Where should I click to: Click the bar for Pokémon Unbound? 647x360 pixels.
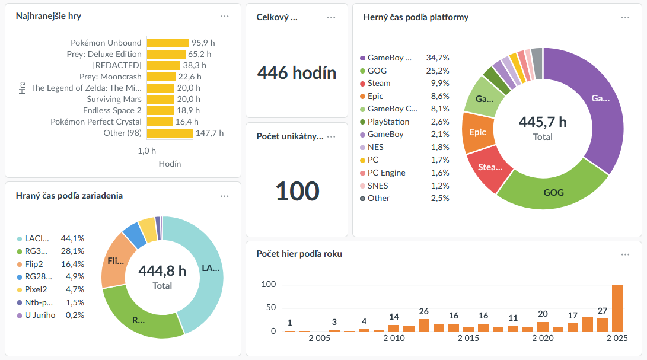[x=168, y=43]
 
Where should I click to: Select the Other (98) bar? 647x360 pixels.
[x=170, y=133]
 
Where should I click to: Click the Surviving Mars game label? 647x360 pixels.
[x=114, y=99]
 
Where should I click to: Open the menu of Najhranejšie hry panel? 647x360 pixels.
[x=224, y=17]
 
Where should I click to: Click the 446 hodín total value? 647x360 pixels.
[x=297, y=73]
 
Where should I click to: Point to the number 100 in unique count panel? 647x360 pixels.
[x=297, y=191]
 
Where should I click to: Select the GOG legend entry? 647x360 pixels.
[x=377, y=71]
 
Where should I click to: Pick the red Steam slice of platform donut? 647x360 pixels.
[x=489, y=167]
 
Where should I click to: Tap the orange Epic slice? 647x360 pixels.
[x=477, y=132]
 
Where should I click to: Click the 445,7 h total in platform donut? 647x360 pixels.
[x=543, y=122]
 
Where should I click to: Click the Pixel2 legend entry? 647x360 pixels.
[x=36, y=289]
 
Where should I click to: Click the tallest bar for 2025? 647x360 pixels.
[x=617, y=308]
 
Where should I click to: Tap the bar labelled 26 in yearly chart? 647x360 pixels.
[x=423, y=325]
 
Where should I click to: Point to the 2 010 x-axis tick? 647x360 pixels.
[x=394, y=338]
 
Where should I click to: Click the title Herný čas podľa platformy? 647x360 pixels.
[x=416, y=17]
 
